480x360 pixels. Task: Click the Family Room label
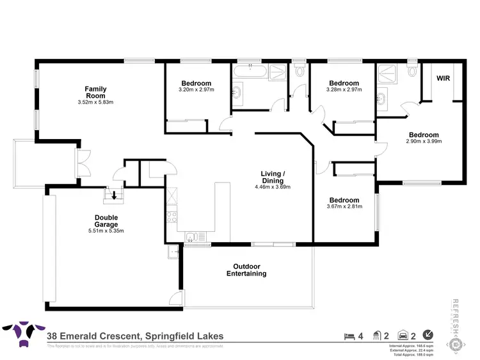(96, 92)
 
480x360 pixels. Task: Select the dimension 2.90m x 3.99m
(424, 142)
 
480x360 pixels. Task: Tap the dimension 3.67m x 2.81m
(344, 207)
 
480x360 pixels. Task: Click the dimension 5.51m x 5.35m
(106, 230)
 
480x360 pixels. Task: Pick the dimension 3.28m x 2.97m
(344, 91)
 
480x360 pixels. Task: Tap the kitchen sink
(193, 238)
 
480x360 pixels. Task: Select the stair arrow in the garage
(115, 195)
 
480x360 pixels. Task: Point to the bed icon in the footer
(349, 335)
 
